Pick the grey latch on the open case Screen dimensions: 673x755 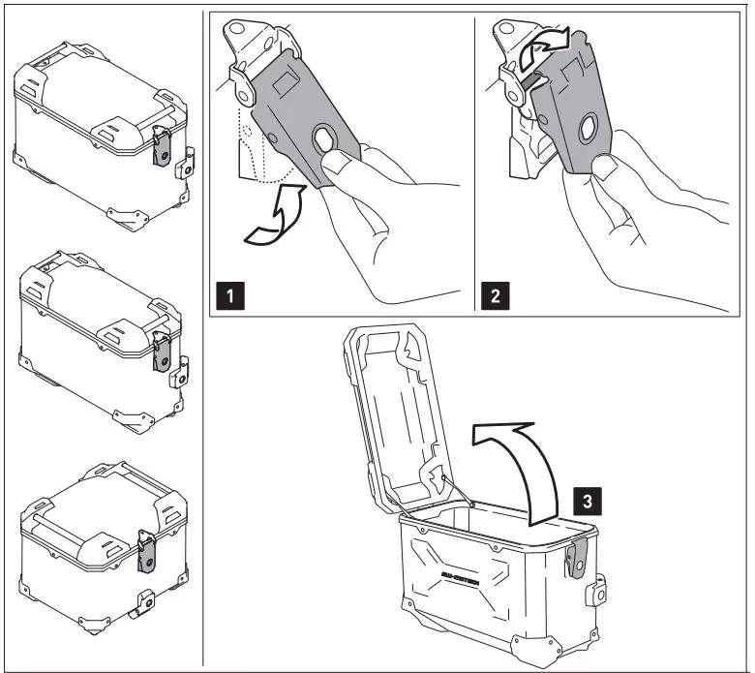tap(578, 566)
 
